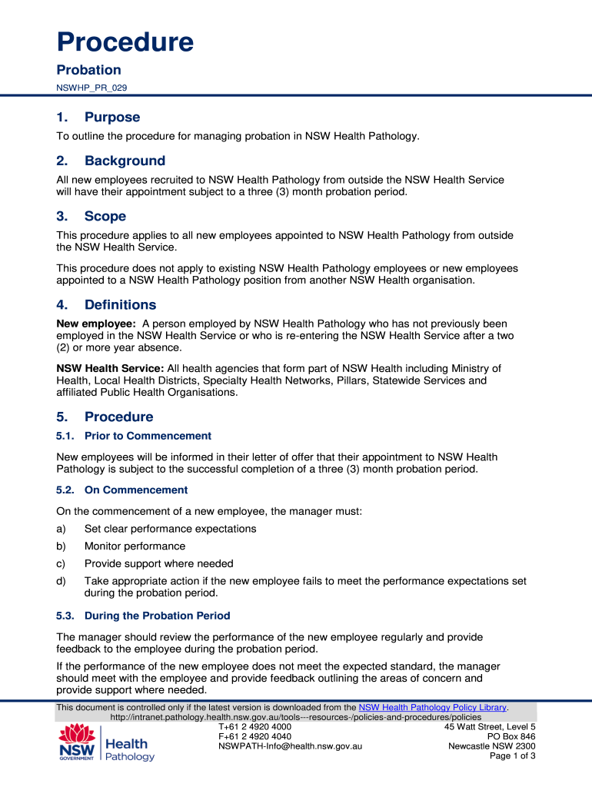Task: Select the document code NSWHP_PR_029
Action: (x=91, y=88)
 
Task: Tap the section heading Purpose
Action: (x=112, y=118)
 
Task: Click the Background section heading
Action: (x=125, y=161)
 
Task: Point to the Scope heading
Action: (x=105, y=217)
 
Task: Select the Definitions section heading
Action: (x=120, y=304)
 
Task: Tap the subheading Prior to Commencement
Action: (x=148, y=436)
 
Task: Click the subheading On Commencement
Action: (x=136, y=490)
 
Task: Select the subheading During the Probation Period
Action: (x=157, y=616)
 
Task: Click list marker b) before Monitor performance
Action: (x=62, y=546)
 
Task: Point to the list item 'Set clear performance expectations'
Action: (x=170, y=529)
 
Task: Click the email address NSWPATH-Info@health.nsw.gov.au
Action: (x=290, y=745)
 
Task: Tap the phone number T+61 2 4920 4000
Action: (x=254, y=726)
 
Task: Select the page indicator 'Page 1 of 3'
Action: (x=512, y=755)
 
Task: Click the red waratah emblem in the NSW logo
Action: (x=76, y=733)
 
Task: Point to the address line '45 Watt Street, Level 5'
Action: (x=490, y=726)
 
